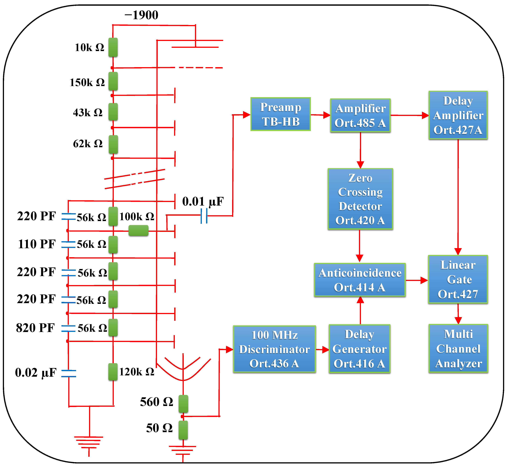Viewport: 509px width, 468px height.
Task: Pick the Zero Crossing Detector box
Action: (x=360, y=199)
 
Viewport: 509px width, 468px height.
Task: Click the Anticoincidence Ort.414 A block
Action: (x=360, y=280)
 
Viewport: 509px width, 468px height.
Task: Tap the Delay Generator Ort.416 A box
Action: (x=359, y=349)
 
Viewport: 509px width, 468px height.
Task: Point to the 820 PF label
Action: (x=35, y=328)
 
